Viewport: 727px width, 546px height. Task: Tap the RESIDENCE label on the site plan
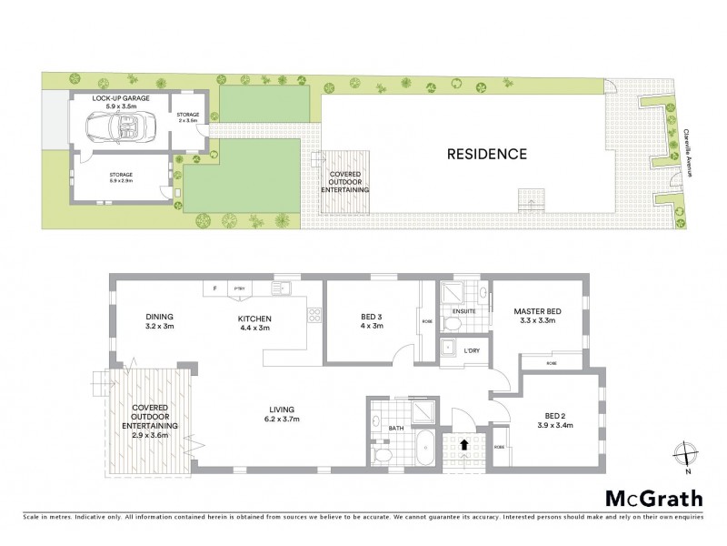tap(486, 154)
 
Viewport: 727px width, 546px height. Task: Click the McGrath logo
tap(653, 498)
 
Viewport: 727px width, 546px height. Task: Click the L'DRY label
tap(472, 350)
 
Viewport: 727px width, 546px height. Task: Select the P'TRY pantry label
tap(240, 288)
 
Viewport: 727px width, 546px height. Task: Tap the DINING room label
tap(159, 318)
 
